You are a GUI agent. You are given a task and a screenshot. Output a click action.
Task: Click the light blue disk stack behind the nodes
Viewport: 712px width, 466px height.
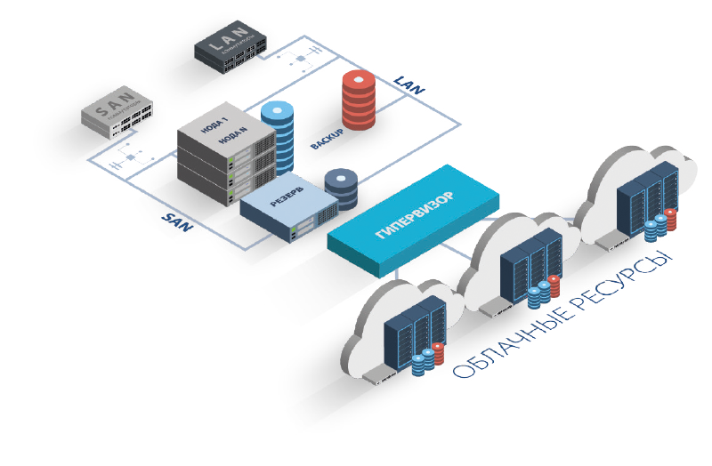point(278,139)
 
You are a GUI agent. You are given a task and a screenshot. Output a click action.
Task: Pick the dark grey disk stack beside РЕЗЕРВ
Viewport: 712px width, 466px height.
point(340,188)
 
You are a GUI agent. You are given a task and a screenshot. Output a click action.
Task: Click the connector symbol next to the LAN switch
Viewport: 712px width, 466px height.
point(302,59)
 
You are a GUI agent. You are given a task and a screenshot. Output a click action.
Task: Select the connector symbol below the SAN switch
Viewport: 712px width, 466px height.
point(131,159)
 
